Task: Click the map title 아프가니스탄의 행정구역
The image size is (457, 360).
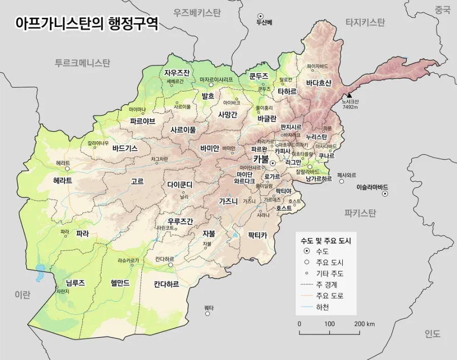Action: click(x=87, y=23)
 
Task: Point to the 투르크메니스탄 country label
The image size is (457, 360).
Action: click(x=82, y=63)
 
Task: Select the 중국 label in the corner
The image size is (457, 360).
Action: click(x=442, y=10)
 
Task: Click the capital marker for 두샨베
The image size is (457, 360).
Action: click(x=261, y=16)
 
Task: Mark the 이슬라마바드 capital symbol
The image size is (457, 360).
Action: click(x=385, y=193)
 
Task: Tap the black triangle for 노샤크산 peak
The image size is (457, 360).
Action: click(x=349, y=95)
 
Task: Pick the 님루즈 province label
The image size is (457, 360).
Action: click(x=75, y=283)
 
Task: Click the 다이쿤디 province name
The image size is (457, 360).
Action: click(x=182, y=185)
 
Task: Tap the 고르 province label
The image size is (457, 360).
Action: click(x=137, y=181)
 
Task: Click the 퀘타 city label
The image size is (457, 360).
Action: click(x=209, y=308)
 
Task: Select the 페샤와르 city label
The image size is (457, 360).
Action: click(x=347, y=175)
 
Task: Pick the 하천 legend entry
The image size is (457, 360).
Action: click(x=322, y=307)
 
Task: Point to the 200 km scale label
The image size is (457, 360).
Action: click(x=364, y=324)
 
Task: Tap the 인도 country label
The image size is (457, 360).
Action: click(x=433, y=334)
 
